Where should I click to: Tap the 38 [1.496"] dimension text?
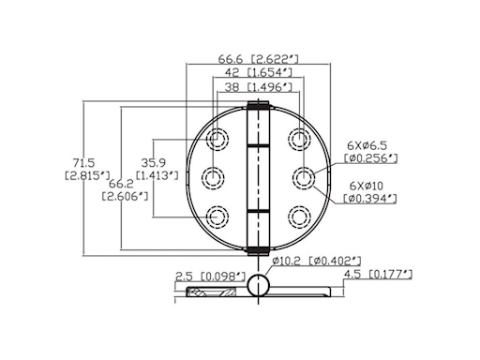(256, 85)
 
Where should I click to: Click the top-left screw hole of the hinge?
(217, 140)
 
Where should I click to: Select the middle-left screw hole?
(212, 176)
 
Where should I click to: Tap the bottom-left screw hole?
(217, 214)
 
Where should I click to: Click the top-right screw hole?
(298, 140)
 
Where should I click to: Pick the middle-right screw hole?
(304, 176)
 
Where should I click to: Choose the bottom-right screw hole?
(298, 216)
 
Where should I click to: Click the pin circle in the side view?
(258, 285)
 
